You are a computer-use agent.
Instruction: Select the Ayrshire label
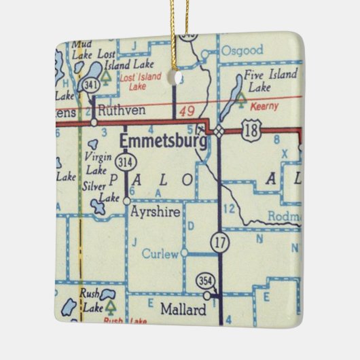(156, 212)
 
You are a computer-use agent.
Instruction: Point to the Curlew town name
(160, 254)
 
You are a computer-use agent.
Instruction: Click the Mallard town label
(183, 310)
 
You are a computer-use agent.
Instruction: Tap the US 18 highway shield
(252, 132)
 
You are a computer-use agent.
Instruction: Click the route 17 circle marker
(219, 242)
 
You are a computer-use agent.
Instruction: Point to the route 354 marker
(205, 281)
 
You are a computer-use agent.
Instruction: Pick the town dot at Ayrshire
(126, 201)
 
